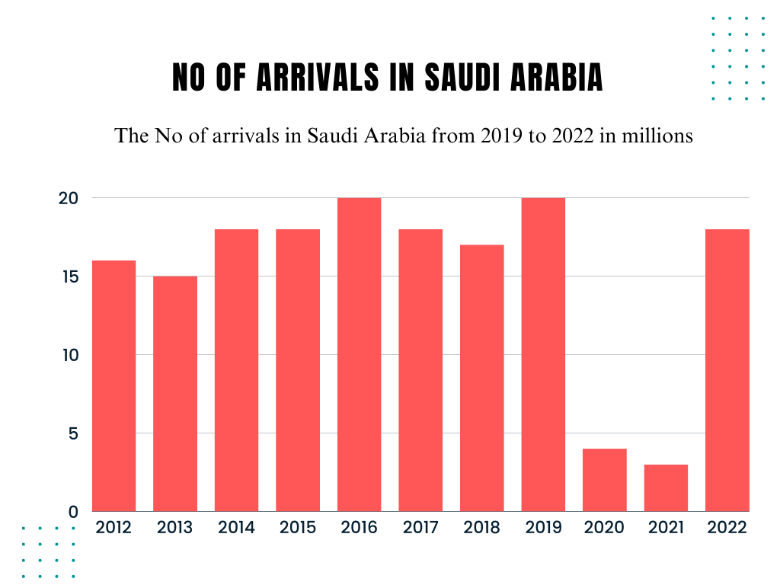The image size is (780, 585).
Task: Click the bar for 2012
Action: click(113, 386)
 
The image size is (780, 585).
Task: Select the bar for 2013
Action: click(175, 394)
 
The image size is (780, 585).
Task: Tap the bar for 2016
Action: click(359, 355)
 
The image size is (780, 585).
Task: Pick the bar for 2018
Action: click(481, 379)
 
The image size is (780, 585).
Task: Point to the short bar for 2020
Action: click(604, 480)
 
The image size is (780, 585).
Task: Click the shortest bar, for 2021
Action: click(666, 488)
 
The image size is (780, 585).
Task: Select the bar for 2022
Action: click(727, 370)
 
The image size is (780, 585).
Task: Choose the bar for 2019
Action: click(543, 355)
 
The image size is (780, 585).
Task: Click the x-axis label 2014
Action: click(236, 528)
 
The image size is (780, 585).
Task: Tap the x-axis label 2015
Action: click(298, 528)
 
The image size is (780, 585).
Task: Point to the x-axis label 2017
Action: click(420, 528)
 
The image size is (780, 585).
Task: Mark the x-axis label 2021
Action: click(666, 528)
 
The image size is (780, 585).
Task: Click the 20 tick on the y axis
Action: click(69, 198)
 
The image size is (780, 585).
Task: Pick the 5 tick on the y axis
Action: click(73, 433)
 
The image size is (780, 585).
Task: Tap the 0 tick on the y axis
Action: click(73, 512)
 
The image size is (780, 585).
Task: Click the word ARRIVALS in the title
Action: click(315, 78)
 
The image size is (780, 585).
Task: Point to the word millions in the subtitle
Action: click(657, 136)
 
